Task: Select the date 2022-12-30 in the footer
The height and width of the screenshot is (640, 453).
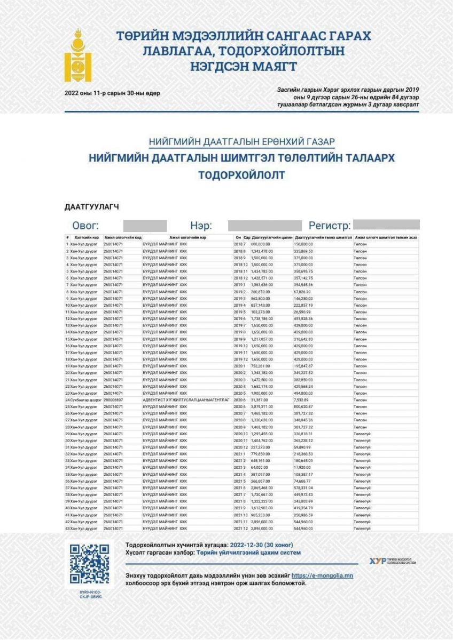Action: click(246, 546)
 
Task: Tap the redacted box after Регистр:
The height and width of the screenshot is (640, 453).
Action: click(386, 225)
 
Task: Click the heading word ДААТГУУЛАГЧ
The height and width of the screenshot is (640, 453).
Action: click(91, 206)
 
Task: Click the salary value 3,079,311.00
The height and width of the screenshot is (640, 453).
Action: click(263, 406)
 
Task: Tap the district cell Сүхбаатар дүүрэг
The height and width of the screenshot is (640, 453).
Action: click(83, 399)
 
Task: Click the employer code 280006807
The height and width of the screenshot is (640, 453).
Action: click(114, 399)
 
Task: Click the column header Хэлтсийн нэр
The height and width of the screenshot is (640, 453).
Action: click(87, 237)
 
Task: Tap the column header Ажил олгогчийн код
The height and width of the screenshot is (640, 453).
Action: click(122, 237)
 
